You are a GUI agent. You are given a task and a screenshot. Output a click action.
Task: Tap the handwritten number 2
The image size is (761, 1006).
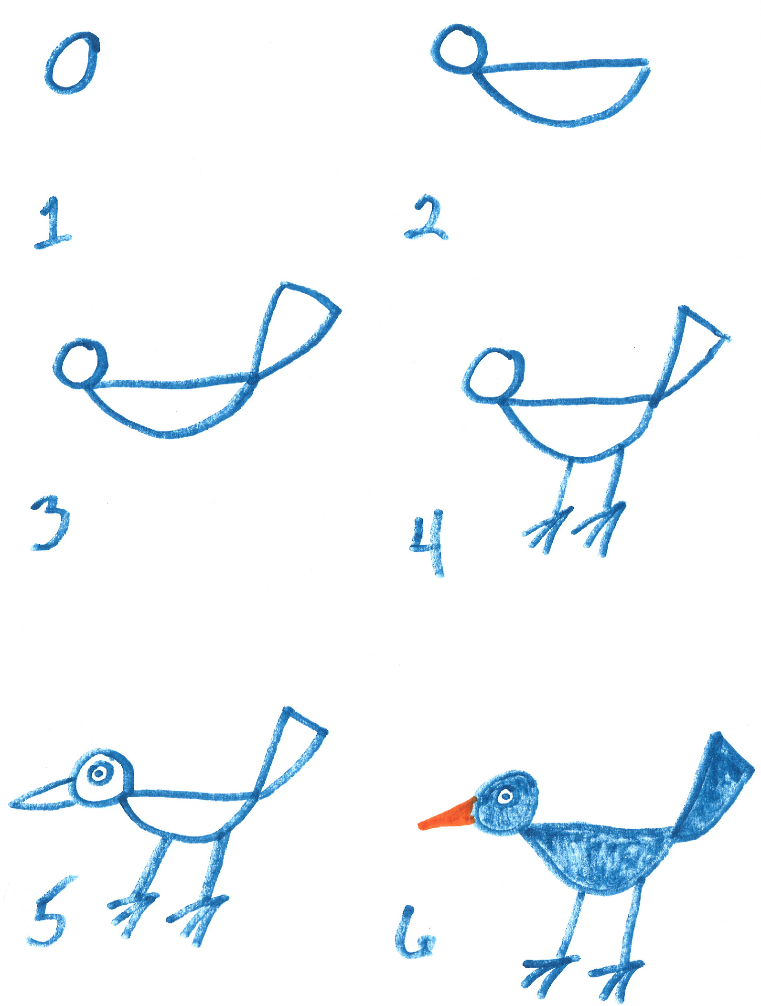[426, 219]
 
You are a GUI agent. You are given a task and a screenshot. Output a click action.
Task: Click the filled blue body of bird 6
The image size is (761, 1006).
[597, 855]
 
